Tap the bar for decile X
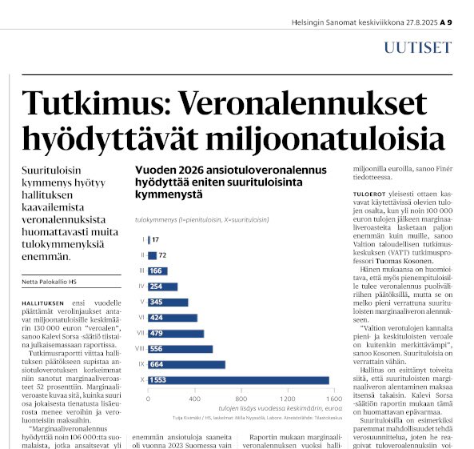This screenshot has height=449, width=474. pyautogui.click(x=238, y=380)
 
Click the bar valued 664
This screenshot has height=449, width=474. pyautogui.click(x=187, y=364)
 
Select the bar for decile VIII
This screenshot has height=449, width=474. pyautogui.click(x=181, y=349)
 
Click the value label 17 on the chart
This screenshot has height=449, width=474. pyautogui.click(x=155, y=239)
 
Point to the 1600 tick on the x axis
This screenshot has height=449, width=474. pyautogui.click(x=330, y=399)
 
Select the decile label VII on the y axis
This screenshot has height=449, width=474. pyautogui.click(x=141, y=333)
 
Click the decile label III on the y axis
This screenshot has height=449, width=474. pyautogui.click(x=141, y=271)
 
